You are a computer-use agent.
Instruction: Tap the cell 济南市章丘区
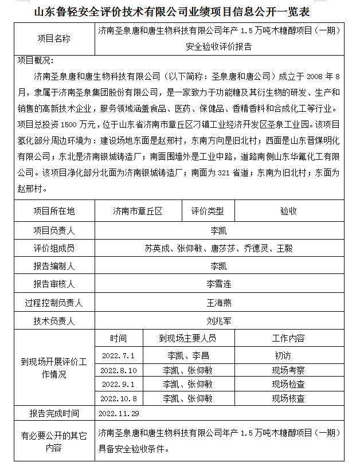pos(138,211)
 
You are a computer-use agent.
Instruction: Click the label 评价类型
pos(208,211)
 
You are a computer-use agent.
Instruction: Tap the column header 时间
pos(119,338)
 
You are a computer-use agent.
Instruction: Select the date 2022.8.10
pos(119,370)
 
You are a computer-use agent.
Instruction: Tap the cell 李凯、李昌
pos(188,355)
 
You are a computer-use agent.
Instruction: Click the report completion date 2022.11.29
pos(119,413)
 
